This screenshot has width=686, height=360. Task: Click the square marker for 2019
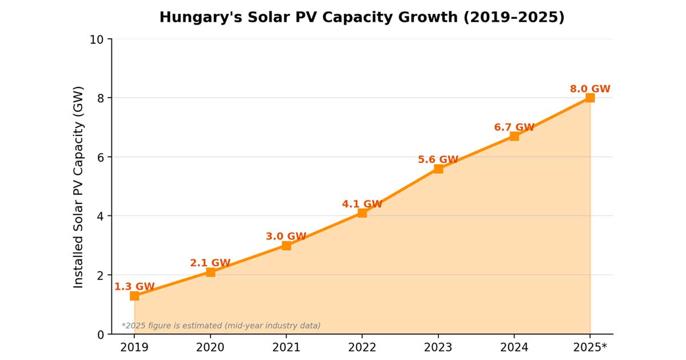[x=134, y=296]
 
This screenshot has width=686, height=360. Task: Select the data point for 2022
[x=362, y=213]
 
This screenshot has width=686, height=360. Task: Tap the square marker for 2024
[x=514, y=136]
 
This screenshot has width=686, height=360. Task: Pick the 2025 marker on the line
[x=590, y=98]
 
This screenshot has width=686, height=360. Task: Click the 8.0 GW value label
[x=590, y=89]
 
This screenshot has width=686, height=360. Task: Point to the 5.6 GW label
[x=438, y=159]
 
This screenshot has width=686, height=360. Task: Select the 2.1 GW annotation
[x=210, y=263]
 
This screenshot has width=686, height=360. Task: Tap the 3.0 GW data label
[x=286, y=236]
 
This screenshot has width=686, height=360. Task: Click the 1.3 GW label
[x=134, y=286]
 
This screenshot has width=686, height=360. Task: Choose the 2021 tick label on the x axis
[x=286, y=347]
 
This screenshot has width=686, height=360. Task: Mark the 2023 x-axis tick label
[x=438, y=347]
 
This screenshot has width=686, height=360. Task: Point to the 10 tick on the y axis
[x=97, y=39]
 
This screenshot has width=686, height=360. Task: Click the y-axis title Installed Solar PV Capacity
[x=78, y=187]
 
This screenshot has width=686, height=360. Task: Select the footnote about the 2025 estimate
[x=221, y=326]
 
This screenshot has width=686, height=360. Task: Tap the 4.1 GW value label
[x=362, y=203]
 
